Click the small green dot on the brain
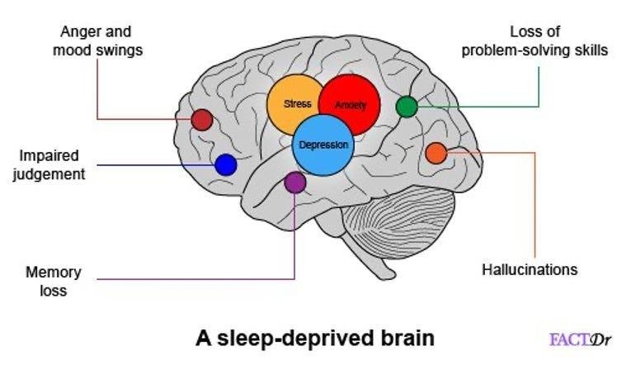tap(407, 107)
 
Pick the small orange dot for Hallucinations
tap(436, 153)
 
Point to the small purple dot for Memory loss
tap(295, 183)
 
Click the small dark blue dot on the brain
tap(225, 164)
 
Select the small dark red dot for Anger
tap(202, 120)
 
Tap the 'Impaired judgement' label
tap(49, 164)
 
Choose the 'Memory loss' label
tap(46, 281)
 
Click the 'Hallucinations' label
tap(530, 269)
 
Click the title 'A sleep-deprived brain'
tap(314, 338)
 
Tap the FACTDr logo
tap(579, 339)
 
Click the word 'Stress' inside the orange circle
tap(297, 104)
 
